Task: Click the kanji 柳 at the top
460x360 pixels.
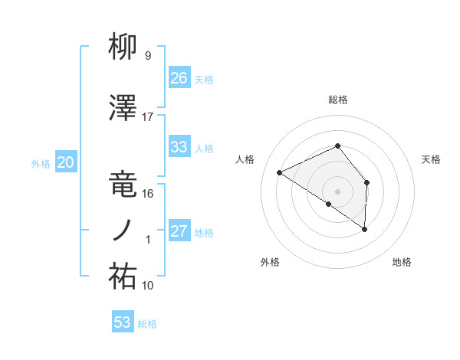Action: coord(123,48)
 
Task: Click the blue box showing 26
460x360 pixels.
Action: coord(179,77)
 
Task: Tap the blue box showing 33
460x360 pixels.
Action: coord(179,147)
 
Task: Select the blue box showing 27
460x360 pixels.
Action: coord(179,231)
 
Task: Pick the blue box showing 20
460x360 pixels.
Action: coord(66,162)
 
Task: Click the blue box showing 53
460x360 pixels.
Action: coord(123,322)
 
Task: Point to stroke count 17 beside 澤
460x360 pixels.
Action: coord(148,117)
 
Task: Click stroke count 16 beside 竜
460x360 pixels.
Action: coord(148,193)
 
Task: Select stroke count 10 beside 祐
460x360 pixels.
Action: coord(148,285)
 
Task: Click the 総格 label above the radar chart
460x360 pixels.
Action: coord(338,100)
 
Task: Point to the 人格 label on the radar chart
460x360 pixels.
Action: coord(245,159)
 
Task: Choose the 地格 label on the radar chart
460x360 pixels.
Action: coord(402,262)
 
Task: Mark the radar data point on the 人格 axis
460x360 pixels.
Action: coord(280,172)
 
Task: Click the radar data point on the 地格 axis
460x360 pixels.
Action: coord(365,229)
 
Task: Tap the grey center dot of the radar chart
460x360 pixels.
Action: coord(337,191)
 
